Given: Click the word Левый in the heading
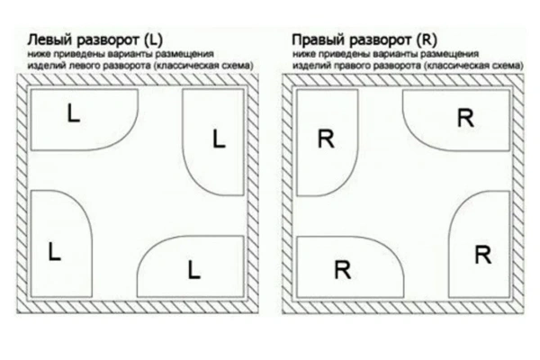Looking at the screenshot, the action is pyautogui.click(x=49, y=40).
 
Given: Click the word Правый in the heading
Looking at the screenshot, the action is pyautogui.click(x=318, y=40).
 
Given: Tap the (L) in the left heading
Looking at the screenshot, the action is pyautogui.click(x=153, y=40).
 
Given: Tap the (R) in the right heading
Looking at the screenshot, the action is pyautogui.click(x=427, y=40).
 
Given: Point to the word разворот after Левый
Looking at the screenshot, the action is pyautogui.click(x=107, y=40).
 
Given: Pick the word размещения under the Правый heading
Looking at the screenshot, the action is pyautogui.click(x=450, y=54).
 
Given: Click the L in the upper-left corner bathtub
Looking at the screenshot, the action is pyautogui.click(x=74, y=113).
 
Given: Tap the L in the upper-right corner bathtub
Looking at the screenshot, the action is pyautogui.click(x=219, y=139).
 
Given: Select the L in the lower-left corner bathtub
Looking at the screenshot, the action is pyautogui.click(x=54, y=251).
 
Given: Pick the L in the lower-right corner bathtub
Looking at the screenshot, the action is pyautogui.click(x=193, y=269).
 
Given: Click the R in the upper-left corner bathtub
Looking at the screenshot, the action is pyautogui.click(x=326, y=139).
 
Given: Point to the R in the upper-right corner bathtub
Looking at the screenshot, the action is pyautogui.click(x=465, y=118).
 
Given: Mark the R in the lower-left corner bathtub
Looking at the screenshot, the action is pyautogui.click(x=343, y=269).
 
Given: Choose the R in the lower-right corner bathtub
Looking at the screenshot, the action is pyautogui.click(x=482, y=255).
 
